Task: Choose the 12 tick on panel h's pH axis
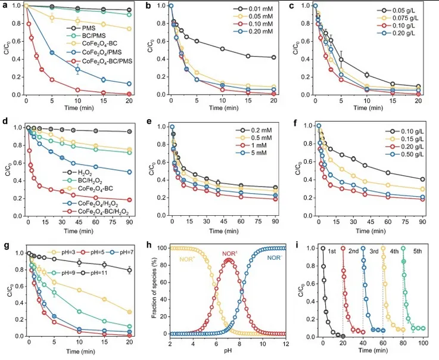285,344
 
